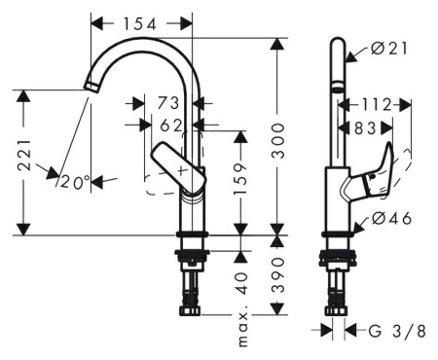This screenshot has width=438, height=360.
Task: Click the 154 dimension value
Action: tap(140, 24)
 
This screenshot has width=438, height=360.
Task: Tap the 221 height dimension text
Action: tap(24, 156)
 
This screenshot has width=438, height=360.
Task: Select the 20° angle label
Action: tap(75, 182)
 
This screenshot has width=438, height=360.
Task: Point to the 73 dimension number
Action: tap(168, 103)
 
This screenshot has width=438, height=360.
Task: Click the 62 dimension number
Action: tap(171, 126)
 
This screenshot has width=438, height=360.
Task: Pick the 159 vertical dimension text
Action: tap(240, 178)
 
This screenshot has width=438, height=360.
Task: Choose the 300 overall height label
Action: tap(277, 140)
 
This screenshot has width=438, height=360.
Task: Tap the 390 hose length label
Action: tap(277, 275)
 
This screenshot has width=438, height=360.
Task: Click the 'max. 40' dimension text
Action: tap(242, 309)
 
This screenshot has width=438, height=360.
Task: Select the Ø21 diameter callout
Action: tap(389, 49)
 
